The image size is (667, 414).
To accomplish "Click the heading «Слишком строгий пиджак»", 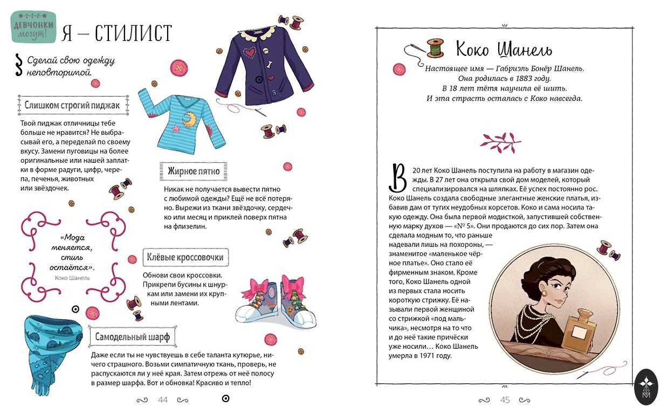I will click(72, 105).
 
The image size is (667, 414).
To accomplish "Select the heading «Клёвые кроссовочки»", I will click(185, 258).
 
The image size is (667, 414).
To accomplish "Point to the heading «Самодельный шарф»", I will click(132, 337).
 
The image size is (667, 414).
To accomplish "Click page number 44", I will click(163, 400).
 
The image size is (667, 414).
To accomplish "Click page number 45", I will click(505, 400).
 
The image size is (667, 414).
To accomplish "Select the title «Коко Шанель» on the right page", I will click(504, 50).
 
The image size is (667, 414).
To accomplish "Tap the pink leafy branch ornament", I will click(500, 142).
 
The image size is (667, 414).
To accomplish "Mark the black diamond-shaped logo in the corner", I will click(646, 387).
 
